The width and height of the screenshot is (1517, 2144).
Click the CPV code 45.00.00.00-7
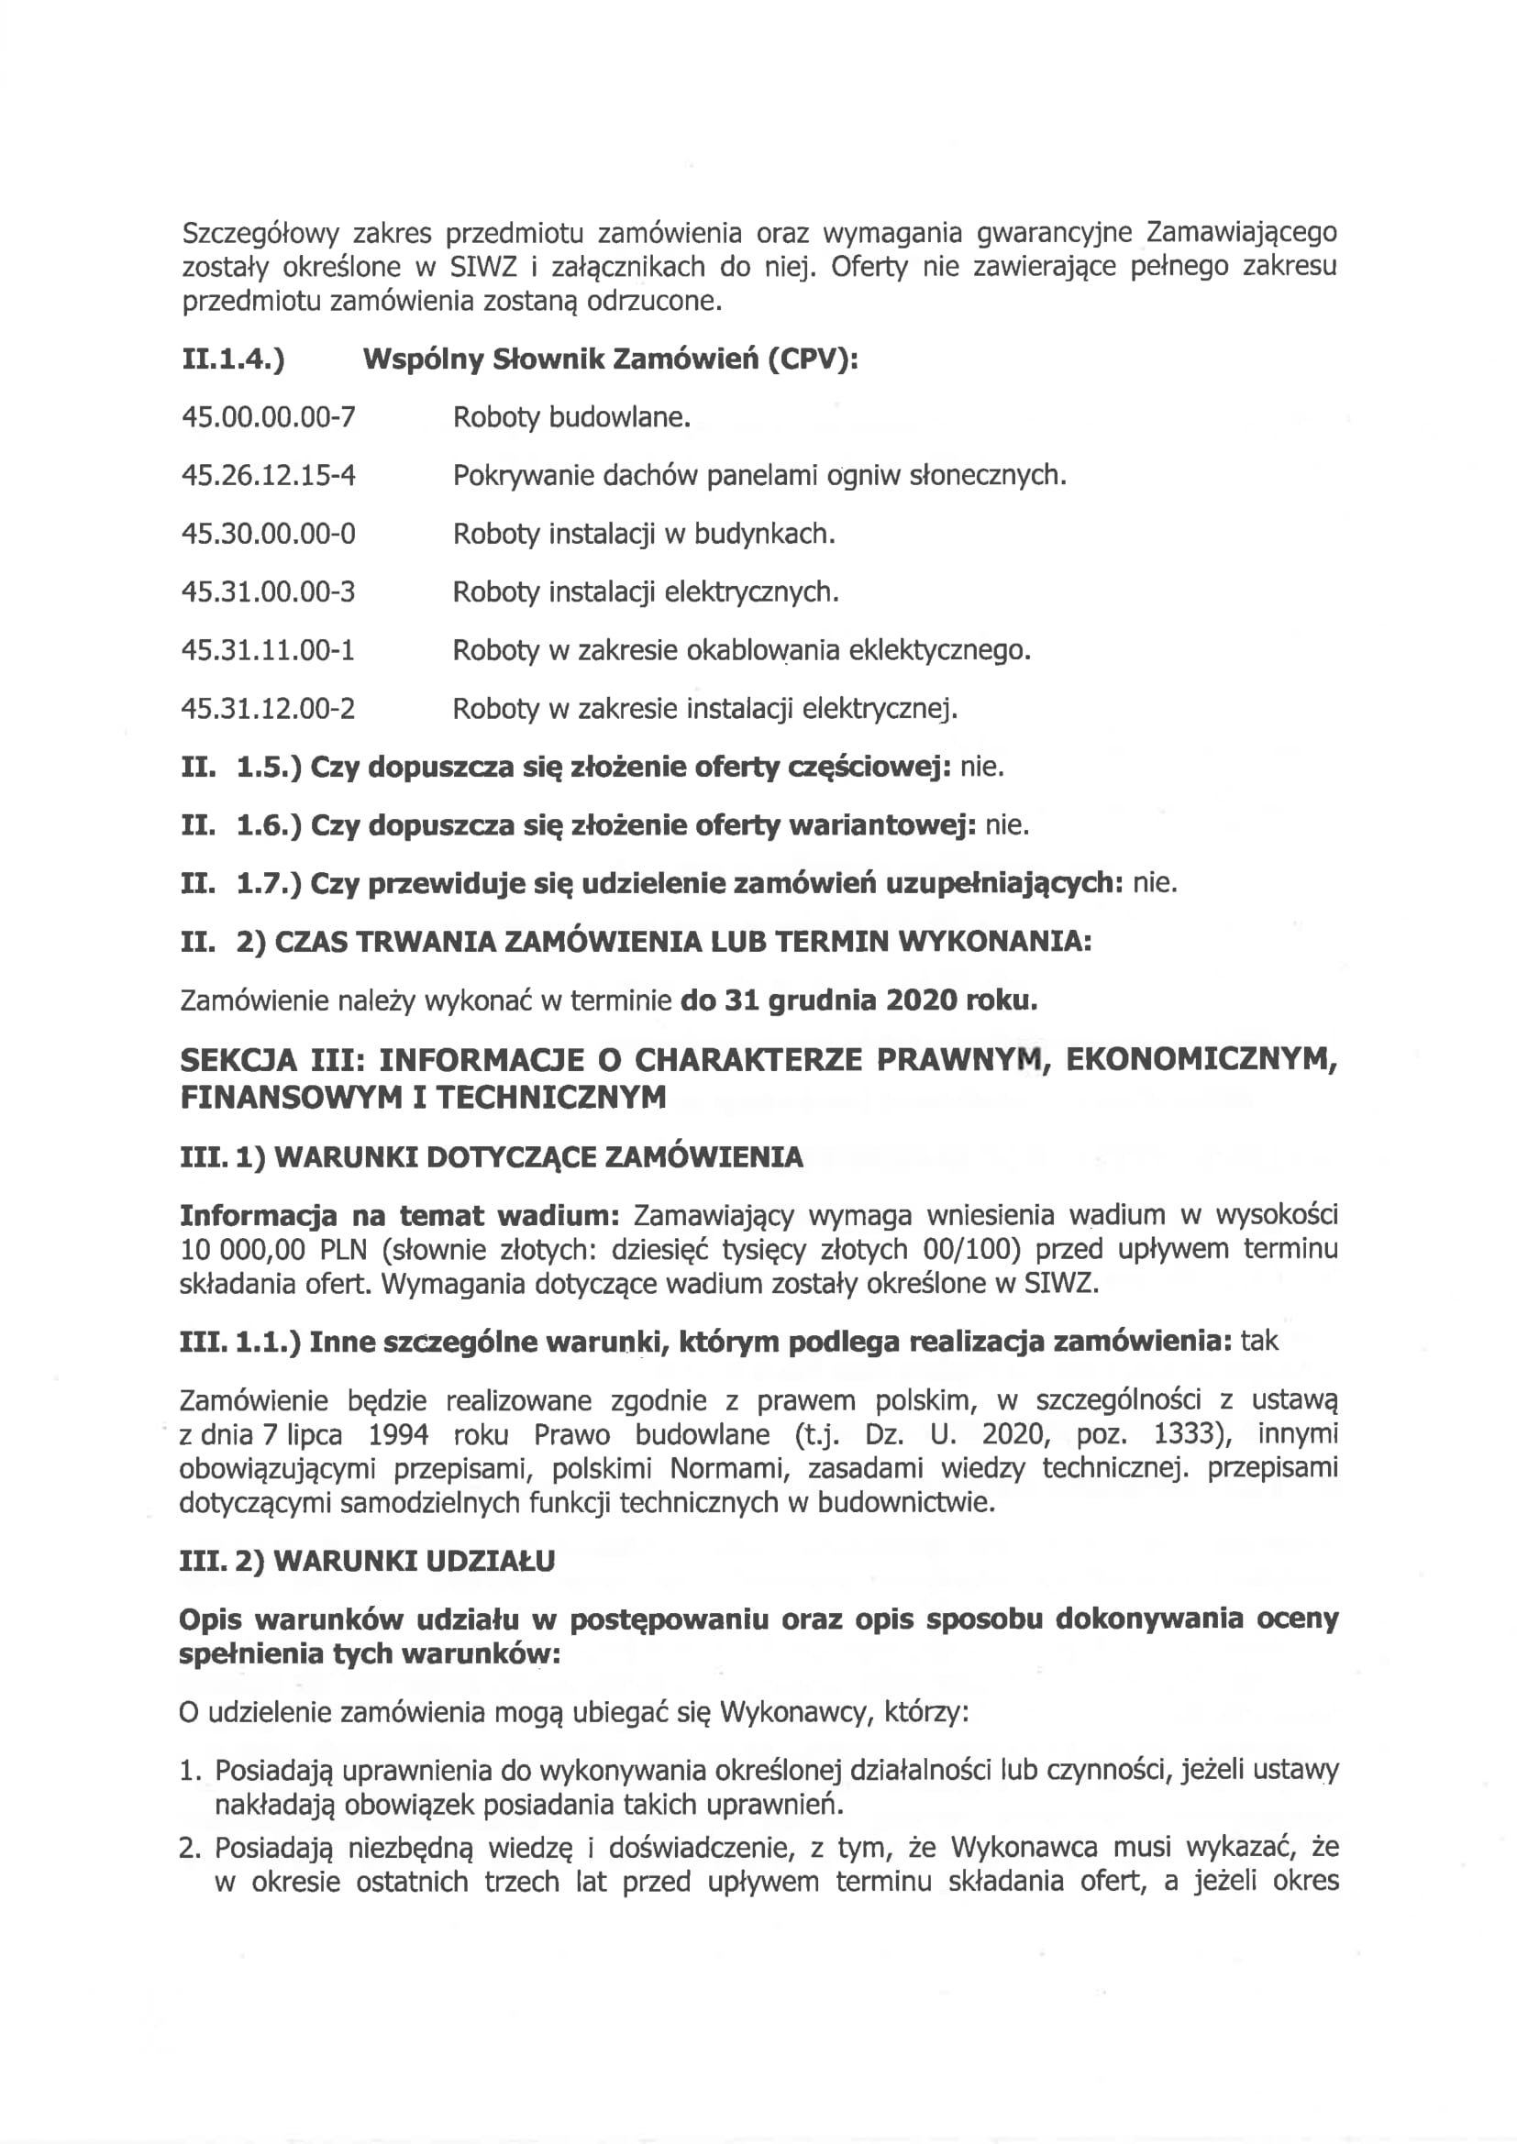268,416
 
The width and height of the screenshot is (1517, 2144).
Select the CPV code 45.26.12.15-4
268,475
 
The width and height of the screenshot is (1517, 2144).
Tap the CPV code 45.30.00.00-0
268,533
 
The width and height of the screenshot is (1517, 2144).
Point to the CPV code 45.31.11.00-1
268,650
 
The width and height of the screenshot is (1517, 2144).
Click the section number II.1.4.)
233,359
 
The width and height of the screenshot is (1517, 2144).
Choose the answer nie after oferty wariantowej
1007,824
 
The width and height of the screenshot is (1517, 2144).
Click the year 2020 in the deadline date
921,1000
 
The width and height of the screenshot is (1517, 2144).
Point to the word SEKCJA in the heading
238,1060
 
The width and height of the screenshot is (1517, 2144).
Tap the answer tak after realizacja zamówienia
1259,1341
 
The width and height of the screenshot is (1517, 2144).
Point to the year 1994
398,1433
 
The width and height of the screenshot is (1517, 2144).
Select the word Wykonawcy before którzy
793,1712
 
